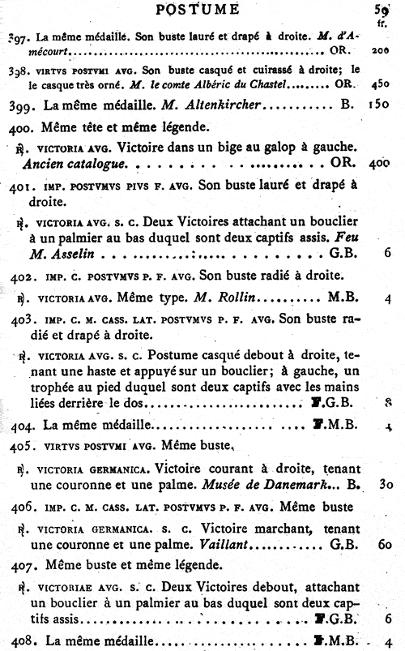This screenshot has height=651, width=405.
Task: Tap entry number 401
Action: pyautogui.click(x=19, y=186)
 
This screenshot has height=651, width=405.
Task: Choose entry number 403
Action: pyautogui.click(x=20, y=319)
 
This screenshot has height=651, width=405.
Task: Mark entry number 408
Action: pyautogui.click(x=20, y=641)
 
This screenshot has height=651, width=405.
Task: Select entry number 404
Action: pyautogui.click(x=20, y=424)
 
